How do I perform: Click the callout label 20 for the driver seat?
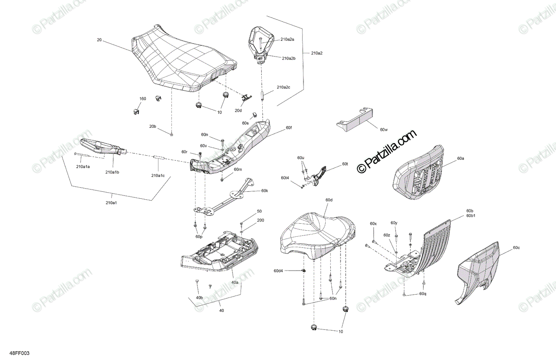(99, 40)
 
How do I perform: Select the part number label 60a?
(460, 158)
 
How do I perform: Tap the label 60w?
(383, 130)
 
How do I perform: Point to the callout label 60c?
(516, 248)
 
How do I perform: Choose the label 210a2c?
(283, 87)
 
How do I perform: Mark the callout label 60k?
(265, 190)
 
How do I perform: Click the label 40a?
(235, 282)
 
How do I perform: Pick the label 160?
(143, 99)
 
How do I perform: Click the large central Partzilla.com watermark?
(387, 152)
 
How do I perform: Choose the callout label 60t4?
(285, 178)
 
